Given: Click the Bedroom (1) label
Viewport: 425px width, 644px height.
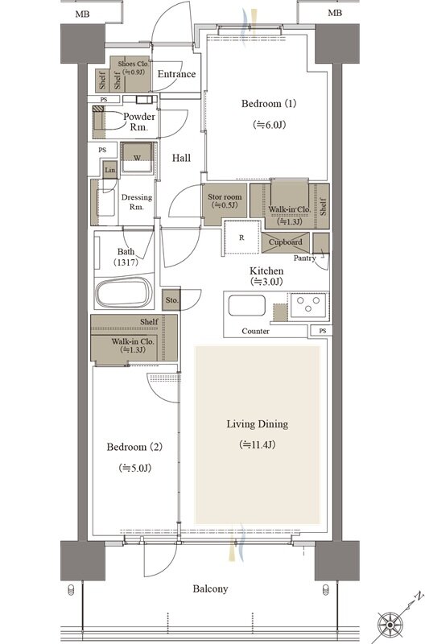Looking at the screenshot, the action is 269,104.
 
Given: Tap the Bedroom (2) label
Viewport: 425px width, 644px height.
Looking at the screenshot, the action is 134,447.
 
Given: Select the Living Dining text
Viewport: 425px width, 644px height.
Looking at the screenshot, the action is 258,424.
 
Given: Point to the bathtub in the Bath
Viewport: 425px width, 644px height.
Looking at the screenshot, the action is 124,293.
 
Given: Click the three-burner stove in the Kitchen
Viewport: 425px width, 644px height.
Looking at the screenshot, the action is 308,306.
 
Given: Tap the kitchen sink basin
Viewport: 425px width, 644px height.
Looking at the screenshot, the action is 246,306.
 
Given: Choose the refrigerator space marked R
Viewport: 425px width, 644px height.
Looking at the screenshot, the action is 241,237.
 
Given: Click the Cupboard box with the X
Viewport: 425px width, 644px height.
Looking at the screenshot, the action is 286,242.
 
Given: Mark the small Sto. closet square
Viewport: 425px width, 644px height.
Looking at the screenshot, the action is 171,299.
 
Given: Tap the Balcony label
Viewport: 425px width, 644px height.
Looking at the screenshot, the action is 210,589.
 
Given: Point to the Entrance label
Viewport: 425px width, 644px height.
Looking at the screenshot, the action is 176,74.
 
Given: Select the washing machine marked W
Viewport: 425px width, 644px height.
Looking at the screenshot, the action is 138,158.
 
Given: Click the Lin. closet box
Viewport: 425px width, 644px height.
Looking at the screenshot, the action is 110,170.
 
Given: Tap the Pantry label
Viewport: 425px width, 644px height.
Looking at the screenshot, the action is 305,258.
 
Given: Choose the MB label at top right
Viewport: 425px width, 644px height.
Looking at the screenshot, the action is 335,13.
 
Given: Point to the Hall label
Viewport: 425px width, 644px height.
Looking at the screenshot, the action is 181,158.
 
